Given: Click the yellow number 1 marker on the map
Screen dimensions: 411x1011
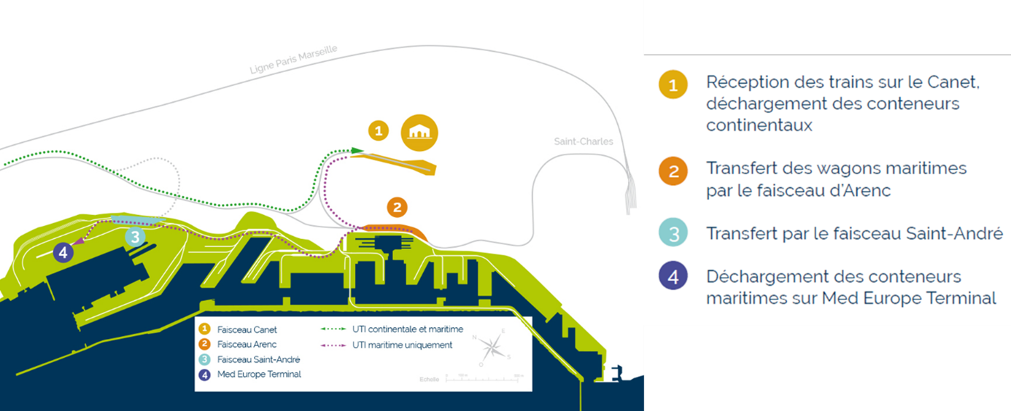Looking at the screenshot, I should coord(377,131).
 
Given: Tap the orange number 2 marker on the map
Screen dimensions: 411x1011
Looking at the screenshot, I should coord(396,207).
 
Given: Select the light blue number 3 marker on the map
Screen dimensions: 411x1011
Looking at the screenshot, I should coord(135,236).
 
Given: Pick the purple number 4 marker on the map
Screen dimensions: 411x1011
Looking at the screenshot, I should coord(63,253).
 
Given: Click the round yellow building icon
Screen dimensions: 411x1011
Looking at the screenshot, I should coord(420,133).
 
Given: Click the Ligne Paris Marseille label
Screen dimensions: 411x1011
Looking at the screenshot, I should coord(293,59).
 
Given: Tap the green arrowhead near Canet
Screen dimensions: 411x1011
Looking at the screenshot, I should coord(357,151).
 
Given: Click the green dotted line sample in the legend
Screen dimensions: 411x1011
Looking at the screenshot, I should coord(331,330).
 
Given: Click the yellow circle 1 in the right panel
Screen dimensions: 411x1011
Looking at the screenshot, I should coord(673,85).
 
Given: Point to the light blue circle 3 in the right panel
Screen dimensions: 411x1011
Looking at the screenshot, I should coord(673,234).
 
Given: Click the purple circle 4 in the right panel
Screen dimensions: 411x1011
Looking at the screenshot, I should coord(673,277).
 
